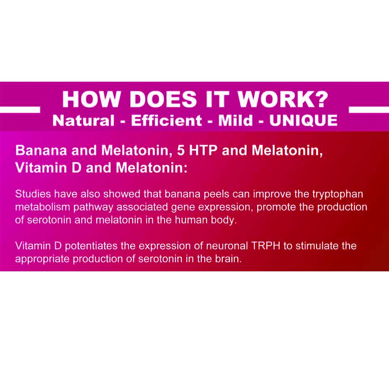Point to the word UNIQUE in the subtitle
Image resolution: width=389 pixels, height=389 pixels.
tap(303, 120)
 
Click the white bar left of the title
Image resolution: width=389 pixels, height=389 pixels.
tap(20, 109)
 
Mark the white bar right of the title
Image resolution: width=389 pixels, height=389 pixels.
tap(369, 109)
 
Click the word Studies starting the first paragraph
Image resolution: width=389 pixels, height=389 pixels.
tap(32, 194)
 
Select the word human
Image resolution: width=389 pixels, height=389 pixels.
tap(179, 220)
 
